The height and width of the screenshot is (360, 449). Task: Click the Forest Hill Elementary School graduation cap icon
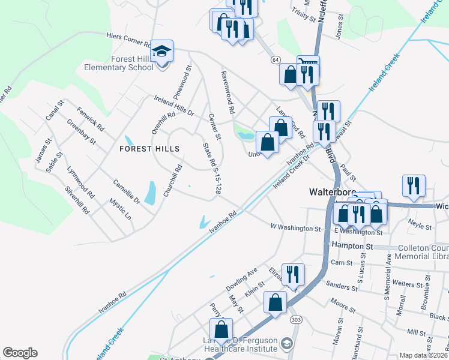[x=161, y=50]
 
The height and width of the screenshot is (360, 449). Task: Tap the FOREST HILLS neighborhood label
[x=149, y=148]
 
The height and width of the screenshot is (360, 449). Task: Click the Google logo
[x=20, y=353]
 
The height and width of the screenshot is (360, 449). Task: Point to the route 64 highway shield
[x=275, y=60]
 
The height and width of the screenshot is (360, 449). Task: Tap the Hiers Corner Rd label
[x=128, y=40]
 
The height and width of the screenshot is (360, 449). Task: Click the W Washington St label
[x=296, y=229]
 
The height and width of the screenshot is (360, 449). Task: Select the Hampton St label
[x=352, y=247]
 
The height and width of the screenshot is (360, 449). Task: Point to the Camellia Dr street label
[x=127, y=190]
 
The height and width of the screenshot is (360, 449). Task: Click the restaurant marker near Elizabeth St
[x=293, y=275]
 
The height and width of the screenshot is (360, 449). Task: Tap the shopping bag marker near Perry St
[x=221, y=329]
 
